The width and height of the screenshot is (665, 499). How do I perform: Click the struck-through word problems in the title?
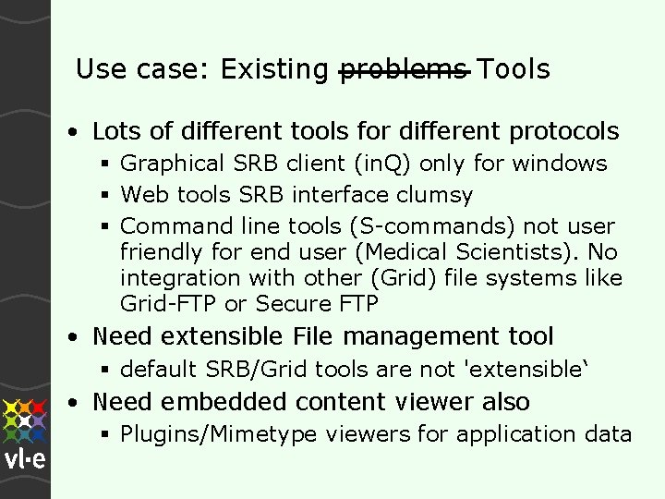click(x=405, y=69)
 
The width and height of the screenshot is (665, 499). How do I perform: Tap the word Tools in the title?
click(x=515, y=69)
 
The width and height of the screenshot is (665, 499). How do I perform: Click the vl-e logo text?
click(x=26, y=459)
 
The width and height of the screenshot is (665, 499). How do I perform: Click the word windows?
click(x=560, y=164)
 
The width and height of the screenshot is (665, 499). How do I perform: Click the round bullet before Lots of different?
click(x=72, y=132)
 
